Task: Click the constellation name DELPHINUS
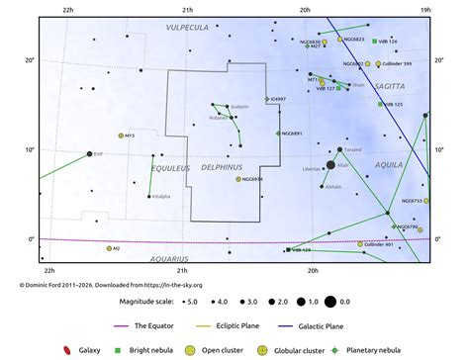point(222,168)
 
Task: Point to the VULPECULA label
point(187,28)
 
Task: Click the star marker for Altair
point(330,164)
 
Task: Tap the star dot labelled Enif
point(89,154)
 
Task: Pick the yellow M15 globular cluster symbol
point(122,135)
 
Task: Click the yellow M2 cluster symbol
point(110,248)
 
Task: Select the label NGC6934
point(252,179)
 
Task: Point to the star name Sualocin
point(239,106)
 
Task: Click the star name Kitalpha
point(160,196)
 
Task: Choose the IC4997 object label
point(278,99)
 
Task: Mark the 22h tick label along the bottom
point(49,269)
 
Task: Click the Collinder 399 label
point(397,63)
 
